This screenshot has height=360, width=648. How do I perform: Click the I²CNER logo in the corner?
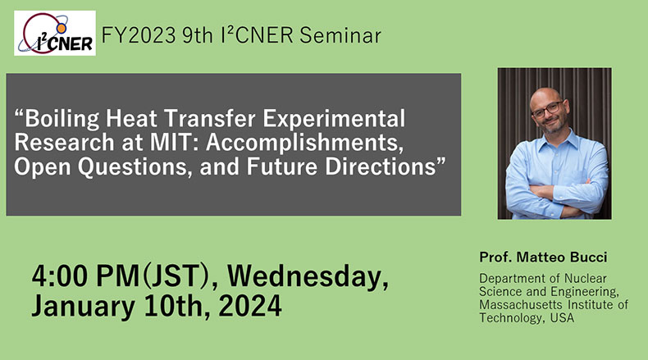[55, 33]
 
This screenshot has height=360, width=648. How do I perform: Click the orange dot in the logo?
[62, 28]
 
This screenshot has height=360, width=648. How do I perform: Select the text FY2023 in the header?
[139, 35]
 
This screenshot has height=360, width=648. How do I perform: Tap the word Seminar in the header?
[340, 35]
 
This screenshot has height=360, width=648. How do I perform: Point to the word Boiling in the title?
[62, 120]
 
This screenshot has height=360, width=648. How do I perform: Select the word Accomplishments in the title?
[304, 143]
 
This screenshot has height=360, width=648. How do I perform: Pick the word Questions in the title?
[135, 166]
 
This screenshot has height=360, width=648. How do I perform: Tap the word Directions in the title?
[381, 166]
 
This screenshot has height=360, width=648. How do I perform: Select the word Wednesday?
[307, 277]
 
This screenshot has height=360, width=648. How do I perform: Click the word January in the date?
[84, 307]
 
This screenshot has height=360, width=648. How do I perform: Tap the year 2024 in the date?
[250, 306]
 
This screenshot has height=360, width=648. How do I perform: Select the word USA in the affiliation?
[562, 318]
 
